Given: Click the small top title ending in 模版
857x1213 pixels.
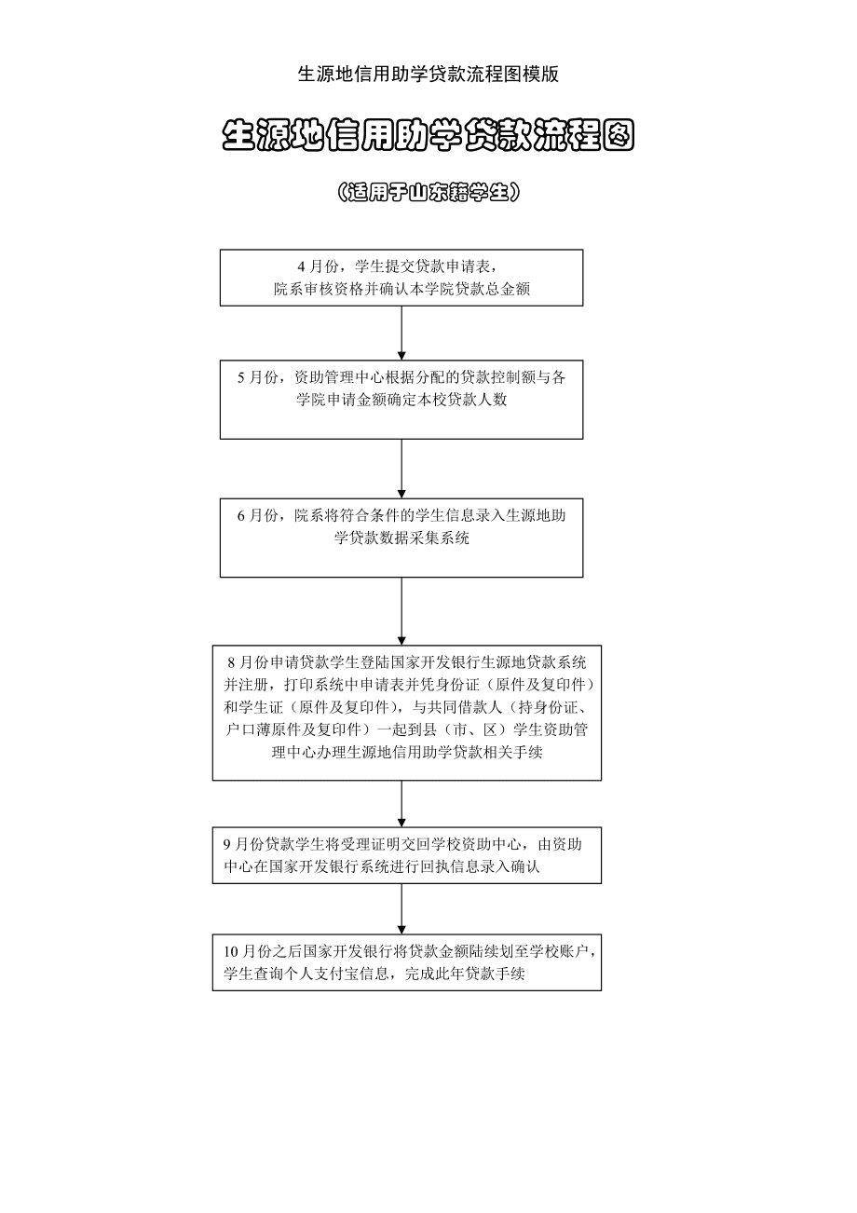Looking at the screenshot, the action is click(428, 75).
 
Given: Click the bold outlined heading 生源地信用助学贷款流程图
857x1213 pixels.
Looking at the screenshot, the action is click(428, 135).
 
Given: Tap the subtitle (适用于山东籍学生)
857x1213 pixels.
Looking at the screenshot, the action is click(428, 192).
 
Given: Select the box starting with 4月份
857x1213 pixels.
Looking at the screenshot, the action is click(401, 278).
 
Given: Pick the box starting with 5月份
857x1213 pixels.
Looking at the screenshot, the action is click(401, 400).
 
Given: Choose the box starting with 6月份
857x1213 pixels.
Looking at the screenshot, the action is click(401, 538).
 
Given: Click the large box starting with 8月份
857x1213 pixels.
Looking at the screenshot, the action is click(406, 713).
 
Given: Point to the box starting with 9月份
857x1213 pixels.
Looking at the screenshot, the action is click(406, 855).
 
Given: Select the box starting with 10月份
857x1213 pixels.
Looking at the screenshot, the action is click(406, 962).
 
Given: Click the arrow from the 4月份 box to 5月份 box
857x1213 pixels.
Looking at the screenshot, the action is click(401, 333).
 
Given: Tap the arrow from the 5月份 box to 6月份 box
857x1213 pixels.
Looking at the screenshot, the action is click(401, 469).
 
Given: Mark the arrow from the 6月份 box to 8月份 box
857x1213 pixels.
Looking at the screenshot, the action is click(401, 611).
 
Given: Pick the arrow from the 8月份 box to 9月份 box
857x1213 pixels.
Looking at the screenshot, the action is click(401, 804).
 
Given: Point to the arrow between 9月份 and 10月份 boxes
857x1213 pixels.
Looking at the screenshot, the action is click(401, 908).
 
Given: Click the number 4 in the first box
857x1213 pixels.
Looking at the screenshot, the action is click(302, 267).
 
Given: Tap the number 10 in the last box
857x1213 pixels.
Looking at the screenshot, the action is click(231, 951).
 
